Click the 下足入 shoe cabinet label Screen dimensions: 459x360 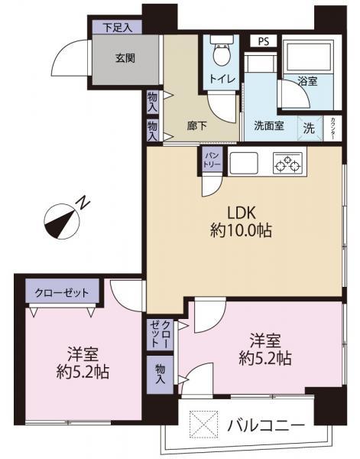pos(118,27)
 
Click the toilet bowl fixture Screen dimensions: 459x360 pos(222,55)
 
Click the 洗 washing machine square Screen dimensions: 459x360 pos(310,126)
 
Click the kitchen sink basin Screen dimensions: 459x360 pos(247,163)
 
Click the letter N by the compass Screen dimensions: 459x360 pos(83,203)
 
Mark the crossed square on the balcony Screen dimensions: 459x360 pos(199,424)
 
